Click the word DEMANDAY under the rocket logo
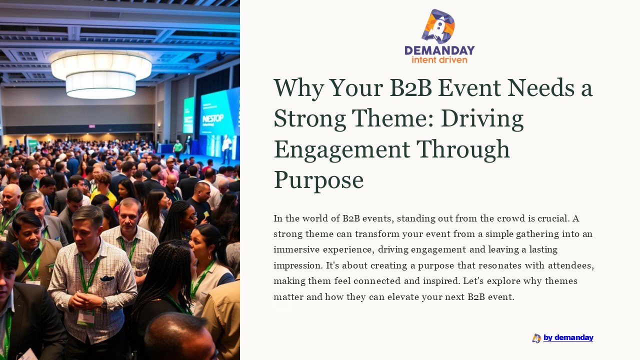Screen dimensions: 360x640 click(439, 50)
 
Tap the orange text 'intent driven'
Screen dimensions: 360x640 click(439, 60)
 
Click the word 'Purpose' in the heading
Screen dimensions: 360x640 click(318, 180)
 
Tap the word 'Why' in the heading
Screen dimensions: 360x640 click(294, 88)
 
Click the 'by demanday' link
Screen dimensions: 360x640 click(568, 337)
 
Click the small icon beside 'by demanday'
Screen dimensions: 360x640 click(536, 338)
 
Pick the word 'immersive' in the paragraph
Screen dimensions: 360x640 click(294, 249)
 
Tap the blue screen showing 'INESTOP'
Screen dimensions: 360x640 click(219, 112)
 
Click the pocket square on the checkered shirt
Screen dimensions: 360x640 click(107, 278)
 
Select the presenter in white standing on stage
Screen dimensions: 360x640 click(226, 147)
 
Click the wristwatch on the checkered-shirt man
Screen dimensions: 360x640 click(103, 302)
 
